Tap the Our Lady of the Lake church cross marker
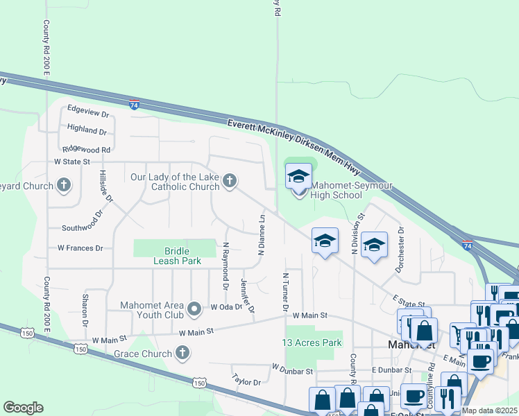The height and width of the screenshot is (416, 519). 230,182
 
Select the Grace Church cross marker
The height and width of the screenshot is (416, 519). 182,354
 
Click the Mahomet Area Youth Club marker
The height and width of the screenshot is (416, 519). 195,306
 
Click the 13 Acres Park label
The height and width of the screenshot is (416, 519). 312,343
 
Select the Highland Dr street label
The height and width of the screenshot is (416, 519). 87,130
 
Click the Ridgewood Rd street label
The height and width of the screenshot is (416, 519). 87,148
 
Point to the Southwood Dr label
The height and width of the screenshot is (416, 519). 82,227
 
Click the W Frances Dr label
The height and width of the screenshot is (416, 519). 80,248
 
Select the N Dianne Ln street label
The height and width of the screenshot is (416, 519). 262,233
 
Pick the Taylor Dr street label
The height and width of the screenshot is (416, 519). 247,381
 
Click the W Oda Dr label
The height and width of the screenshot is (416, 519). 226,306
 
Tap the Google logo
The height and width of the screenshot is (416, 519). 23,408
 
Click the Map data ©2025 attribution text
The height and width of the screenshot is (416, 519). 488,410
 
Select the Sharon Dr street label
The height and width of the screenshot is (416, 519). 85,310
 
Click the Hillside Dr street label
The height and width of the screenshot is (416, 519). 105,187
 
